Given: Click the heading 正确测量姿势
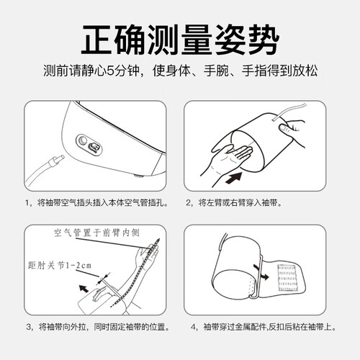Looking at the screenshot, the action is (x=180, y=40).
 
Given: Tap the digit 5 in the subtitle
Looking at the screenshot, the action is (x=110, y=71).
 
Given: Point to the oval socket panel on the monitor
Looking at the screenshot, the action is (x=89, y=145).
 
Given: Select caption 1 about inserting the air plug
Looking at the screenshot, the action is (x=96, y=203).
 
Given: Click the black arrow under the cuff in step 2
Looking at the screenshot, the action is (x=234, y=178).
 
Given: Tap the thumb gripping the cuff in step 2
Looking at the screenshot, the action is (x=287, y=127).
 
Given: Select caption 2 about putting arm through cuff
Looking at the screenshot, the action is (x=234, y=203).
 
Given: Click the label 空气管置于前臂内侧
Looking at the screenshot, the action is (x=96, y=233).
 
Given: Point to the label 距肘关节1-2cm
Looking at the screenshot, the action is (x=60, y=266).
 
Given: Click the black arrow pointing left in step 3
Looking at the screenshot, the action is (x=84, y=288).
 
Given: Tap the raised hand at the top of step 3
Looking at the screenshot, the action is (x=148, y=253).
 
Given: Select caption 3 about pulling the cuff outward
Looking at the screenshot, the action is (x=98, y=327).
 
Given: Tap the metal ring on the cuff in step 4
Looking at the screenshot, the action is (x=258, y=279).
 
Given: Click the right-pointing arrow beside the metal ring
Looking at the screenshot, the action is (x=264, y=276).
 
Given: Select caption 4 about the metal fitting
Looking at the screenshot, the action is (x=264, y=327).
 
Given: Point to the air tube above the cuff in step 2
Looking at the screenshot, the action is (x=290, y=111).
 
